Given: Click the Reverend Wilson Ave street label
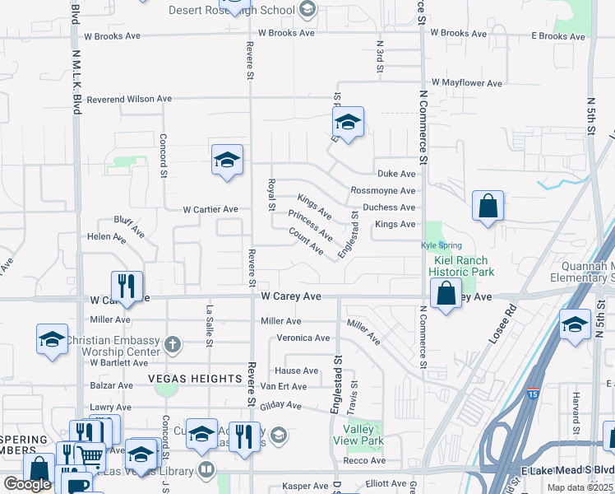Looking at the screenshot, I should coord(128,99).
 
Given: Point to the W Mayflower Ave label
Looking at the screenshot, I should coord(465,83).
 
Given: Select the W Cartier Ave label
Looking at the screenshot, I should coord(210,209).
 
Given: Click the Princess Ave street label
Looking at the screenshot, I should coord(311,225).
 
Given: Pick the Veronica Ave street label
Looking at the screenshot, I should coord(303,338).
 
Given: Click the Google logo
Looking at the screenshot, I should coord(27,484).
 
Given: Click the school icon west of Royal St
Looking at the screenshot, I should coord(227,160).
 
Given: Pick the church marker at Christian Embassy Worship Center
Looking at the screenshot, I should coord(172,342).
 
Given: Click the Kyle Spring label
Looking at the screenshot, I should coord(442,245).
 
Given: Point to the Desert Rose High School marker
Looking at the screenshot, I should coord(307,10).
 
